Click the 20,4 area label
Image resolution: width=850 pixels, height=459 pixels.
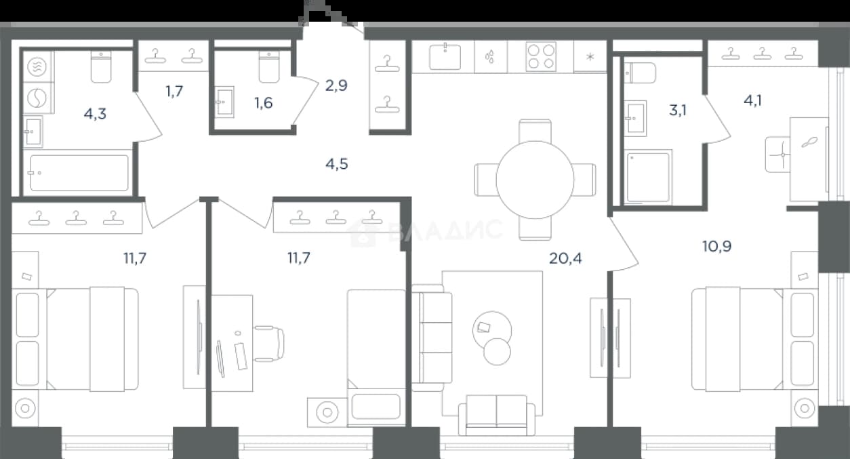(565, 258)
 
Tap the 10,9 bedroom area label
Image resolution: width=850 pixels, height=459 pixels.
(717, 246)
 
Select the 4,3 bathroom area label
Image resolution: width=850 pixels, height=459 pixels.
(95, 113)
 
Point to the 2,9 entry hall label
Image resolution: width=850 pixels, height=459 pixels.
(336, 85)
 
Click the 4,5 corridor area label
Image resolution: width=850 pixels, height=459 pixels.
(337, 164)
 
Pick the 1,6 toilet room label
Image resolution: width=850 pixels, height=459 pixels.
(264, 103)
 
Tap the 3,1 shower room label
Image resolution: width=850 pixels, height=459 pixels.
(678, 110)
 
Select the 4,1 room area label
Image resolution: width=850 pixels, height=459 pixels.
(753, 100)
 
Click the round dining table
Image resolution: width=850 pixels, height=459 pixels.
(535, 180)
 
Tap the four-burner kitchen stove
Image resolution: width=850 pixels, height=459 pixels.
(541, 56)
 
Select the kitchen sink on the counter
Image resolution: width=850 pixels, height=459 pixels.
(445, 57)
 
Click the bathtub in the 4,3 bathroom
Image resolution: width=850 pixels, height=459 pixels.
(79, 173)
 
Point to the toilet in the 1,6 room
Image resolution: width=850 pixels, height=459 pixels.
(269, 67)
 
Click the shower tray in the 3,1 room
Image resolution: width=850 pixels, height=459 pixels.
(648, 177)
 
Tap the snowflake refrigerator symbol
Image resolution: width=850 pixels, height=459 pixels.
(590, 57)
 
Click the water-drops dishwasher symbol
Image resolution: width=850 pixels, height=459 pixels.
(490, 56)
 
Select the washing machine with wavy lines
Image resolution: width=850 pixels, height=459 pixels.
(37, 67)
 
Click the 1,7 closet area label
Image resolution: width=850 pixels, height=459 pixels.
(174, 91)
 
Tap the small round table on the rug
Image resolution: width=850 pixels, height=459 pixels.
(497, 352)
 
